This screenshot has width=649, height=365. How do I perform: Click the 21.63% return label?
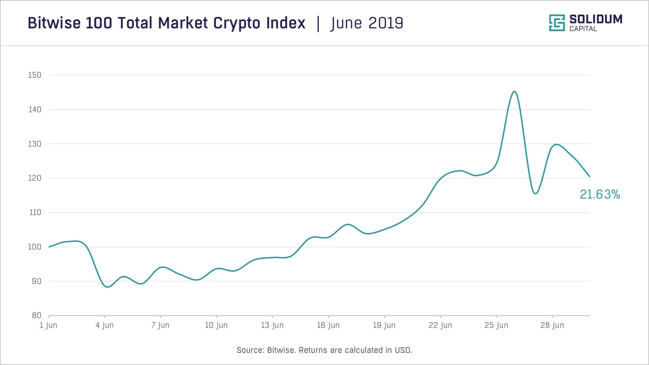[600, 194]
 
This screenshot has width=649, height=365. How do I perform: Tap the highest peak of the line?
[514, 91]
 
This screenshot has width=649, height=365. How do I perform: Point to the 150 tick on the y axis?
[34, 75]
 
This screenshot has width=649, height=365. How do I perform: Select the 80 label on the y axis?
[36, 315]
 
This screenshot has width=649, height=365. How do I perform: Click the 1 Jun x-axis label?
[48, 325]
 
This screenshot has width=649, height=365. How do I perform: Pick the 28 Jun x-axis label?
[552, 325]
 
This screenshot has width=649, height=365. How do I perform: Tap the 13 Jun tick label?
[272, 325]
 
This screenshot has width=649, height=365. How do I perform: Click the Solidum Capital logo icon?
[557, 23]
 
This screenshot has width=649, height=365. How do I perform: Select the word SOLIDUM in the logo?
[596, 19]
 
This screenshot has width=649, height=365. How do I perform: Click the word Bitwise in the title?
[54, 23]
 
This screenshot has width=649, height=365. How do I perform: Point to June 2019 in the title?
[367, 23]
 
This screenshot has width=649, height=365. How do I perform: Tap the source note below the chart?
[324, 350]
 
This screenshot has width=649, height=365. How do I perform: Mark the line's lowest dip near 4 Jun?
[107, 287]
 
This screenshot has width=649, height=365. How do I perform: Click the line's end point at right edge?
[590, 176]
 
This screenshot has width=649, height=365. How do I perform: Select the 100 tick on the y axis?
[34, 247]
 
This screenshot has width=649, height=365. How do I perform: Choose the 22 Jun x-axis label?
[440, 325]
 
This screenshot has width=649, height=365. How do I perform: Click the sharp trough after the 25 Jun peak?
[535, 194]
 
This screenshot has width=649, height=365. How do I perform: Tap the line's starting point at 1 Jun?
[49, 247]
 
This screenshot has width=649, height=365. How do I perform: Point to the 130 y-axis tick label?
[34, 144]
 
